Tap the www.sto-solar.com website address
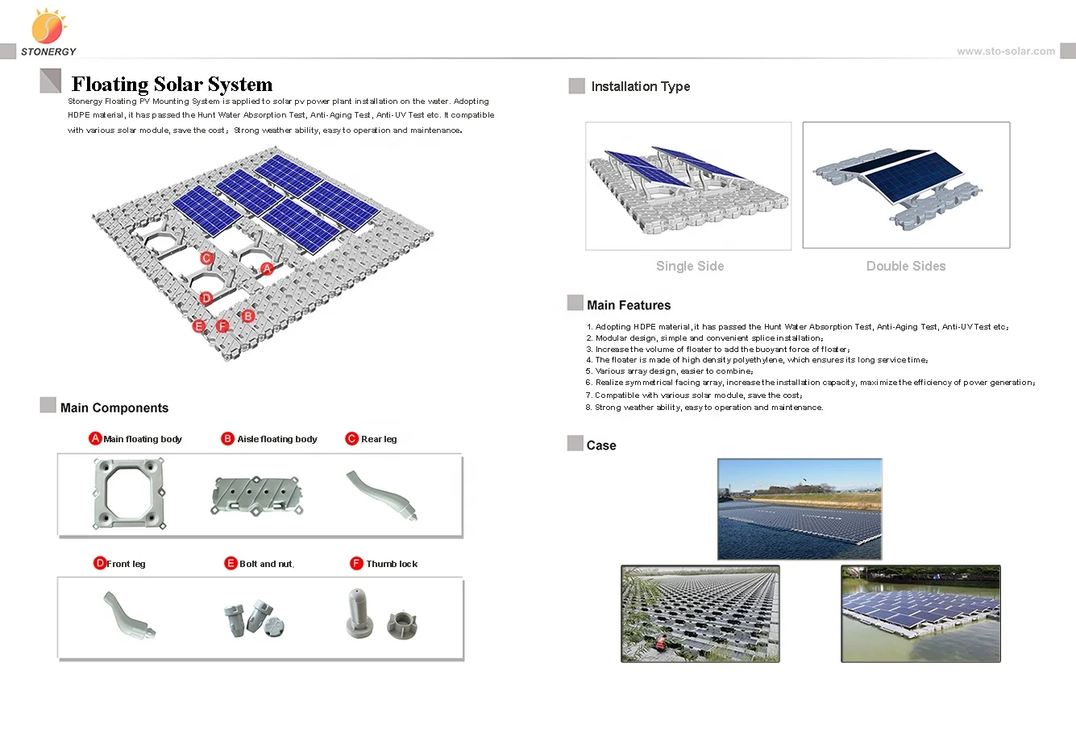click(x=1005, y=52)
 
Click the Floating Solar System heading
click(x=172, y=85)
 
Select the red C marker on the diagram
click(x=206, y=259)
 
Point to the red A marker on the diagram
click(x=268, y=268)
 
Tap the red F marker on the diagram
click(x=222, y=326)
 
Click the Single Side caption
click(x=689, y=266)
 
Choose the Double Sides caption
click(x=905, y=266)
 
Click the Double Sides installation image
click(x=906, y=185)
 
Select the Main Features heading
click(x=629, y=305)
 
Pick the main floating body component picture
click(x=130, y=495)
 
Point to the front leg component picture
click(x=128, y=616)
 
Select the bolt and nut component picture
click(x=255, y=618)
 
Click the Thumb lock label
click(x=392, y=564)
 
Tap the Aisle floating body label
click(x=276, y=439)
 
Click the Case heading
click(x=601, y=445)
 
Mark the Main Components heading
click(x=114, y=408)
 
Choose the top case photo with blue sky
click(x=800, y=509)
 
